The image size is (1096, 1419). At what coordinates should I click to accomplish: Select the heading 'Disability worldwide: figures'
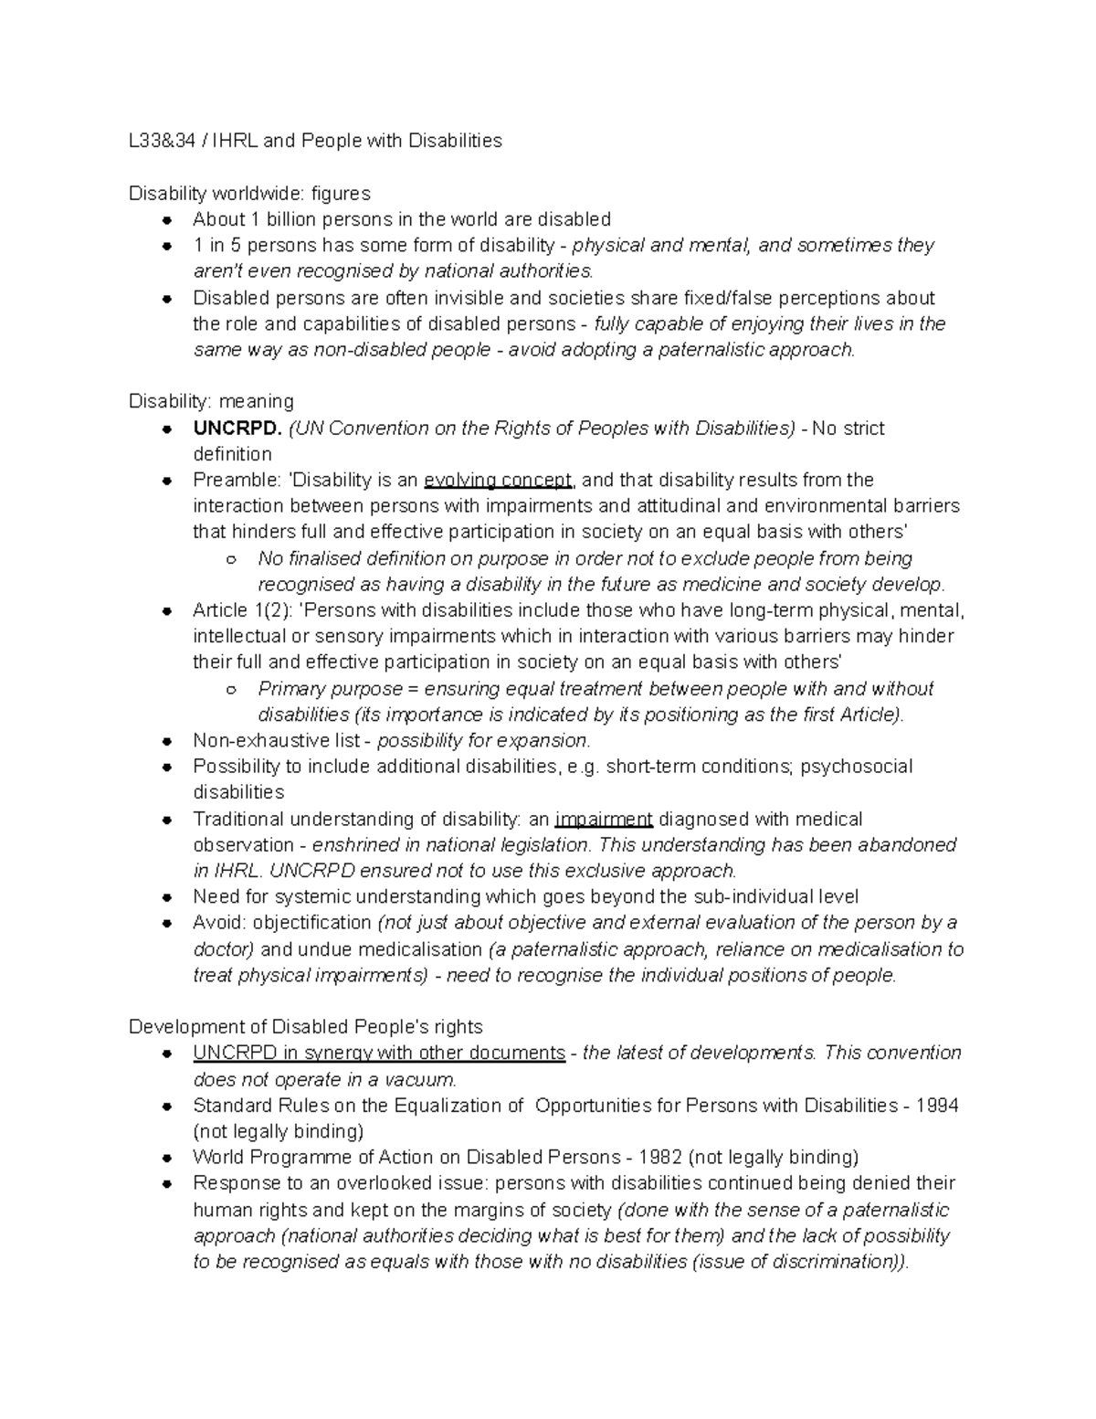pyautogui.click(x=249, y=193)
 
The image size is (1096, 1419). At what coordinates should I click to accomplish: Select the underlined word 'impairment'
pyautogui.click(x=604, y=820)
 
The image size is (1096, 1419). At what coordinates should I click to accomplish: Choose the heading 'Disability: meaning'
pyautogui.click(x=211, y=401)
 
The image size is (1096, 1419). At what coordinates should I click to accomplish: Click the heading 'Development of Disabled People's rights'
pyautogui.click(x=306, y=1026)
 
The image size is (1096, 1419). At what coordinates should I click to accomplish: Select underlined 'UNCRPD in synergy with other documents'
pyautogui.click(x=379, y=1053)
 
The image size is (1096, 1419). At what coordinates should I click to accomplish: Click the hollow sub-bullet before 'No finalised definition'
pyautogui.click(x=232, y=559)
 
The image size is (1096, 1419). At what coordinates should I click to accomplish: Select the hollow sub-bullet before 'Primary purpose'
pyautogui.click(x=232, y=690)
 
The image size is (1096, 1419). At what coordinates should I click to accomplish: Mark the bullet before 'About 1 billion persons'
pyautogui.click(x=167, y=220)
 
